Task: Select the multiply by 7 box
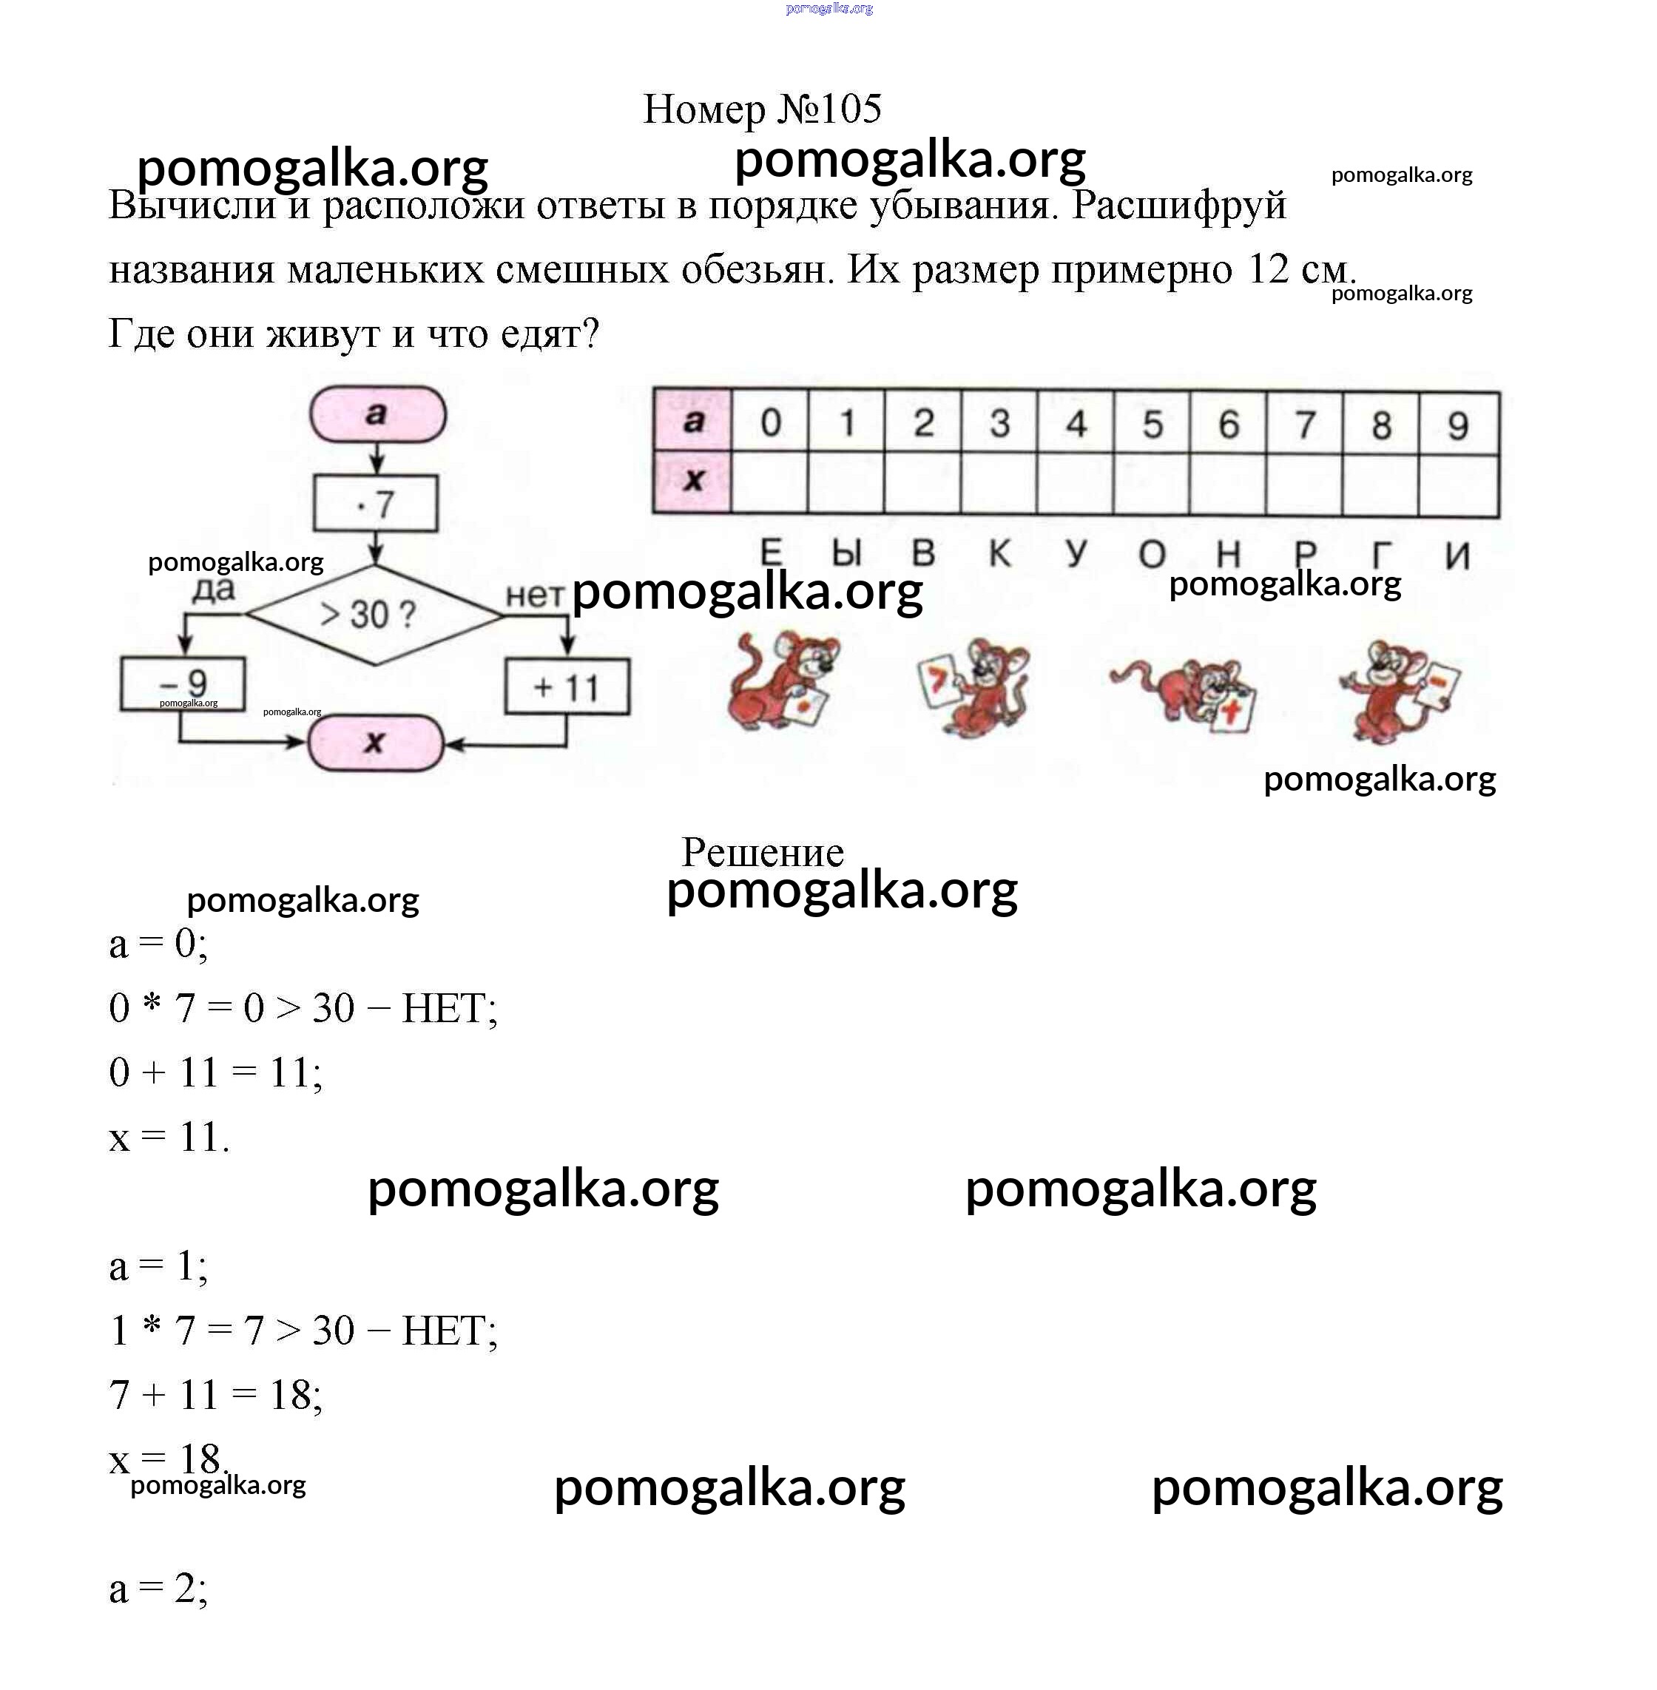pyautogui.click(x=375, y=503)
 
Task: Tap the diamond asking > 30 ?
pyautogui.click(x=374, y=615)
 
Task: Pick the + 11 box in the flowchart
pyautogui.click(x=567, y=686)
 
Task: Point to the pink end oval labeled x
pyautogui.click(x=375, y=743)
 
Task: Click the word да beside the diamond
pyautogui.click(x=214, y=591)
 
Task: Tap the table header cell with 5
pyautogui.click(x=1151, y=424)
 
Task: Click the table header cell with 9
pyautogui.click(x=1459, y=425)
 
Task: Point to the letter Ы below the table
pyautogui.click(x=847, y=553)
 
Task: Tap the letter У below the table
pyautogui.click(x=1076, y=552)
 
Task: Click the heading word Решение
pyautogui.click(x=763, y=852)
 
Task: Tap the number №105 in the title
pyautogui.click(x=829, y=109)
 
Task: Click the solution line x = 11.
pyautogui.click(x=169, y=1137)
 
